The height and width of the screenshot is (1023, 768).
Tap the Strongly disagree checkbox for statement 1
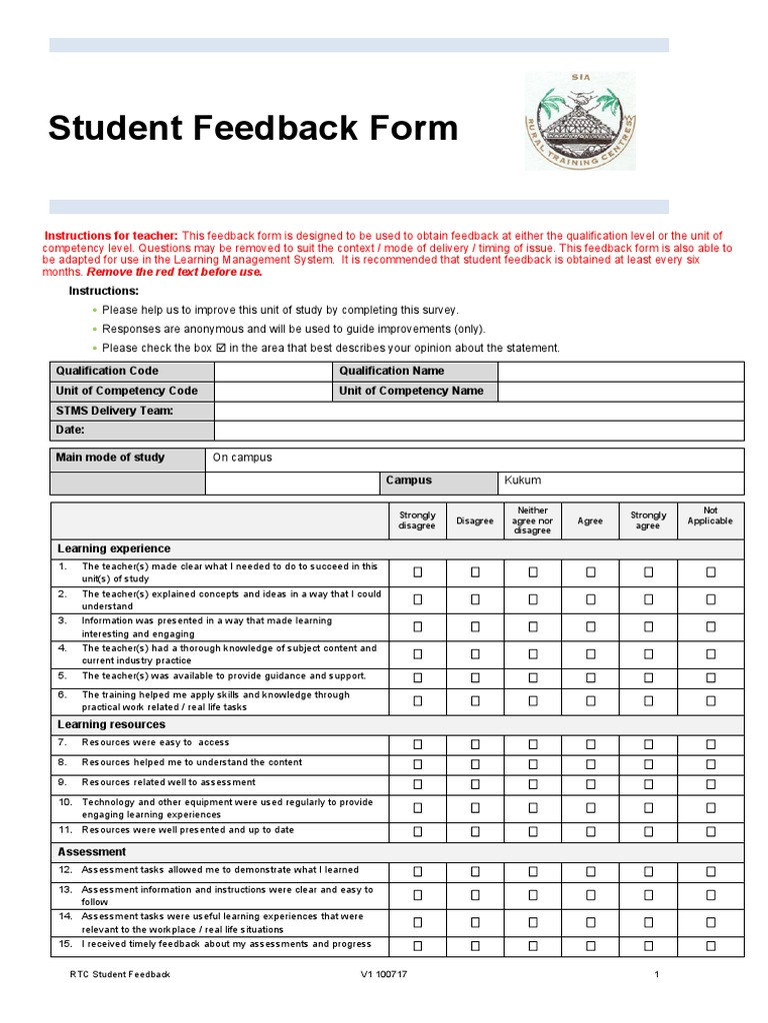point(418,572)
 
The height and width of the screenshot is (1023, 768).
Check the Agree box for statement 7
point(590,743)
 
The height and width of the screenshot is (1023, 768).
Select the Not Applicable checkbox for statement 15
point(711,945)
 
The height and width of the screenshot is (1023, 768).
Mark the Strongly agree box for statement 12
point(648,871)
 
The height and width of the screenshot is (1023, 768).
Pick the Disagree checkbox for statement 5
point(476,676)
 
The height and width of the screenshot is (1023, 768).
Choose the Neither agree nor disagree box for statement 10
point(533,807)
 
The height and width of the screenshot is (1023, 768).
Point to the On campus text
point(242,458)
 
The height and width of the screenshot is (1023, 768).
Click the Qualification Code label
point(107,371)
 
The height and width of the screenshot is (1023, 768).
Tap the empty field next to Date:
point(478,431)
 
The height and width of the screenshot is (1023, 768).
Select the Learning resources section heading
point(112,724)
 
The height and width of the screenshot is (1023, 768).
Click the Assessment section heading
point(92,852)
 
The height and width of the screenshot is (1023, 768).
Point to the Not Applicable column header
point(711,515)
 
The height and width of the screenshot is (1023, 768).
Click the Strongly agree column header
point(648,520)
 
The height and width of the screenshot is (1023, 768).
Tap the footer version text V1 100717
point(384,974)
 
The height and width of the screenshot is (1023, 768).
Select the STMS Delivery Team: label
point(115,411)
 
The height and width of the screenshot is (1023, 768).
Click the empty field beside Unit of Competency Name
point(620,391)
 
